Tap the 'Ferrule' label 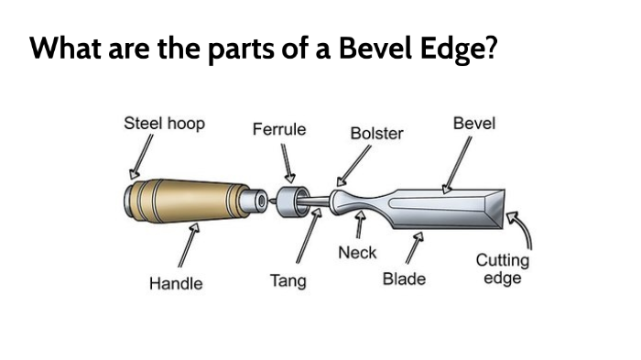click(x=279, y=129)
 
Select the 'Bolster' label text click(x=376, y=134)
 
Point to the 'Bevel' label click(x=474, y=123)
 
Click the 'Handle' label click(x=176, y=284)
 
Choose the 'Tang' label click(x=288, y=280)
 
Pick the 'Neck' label click(x=357, y=252)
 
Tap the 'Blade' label click(x=404, y=278)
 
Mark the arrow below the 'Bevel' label click(x=457, y=165)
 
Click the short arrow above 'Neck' click(x=361, y=224)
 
